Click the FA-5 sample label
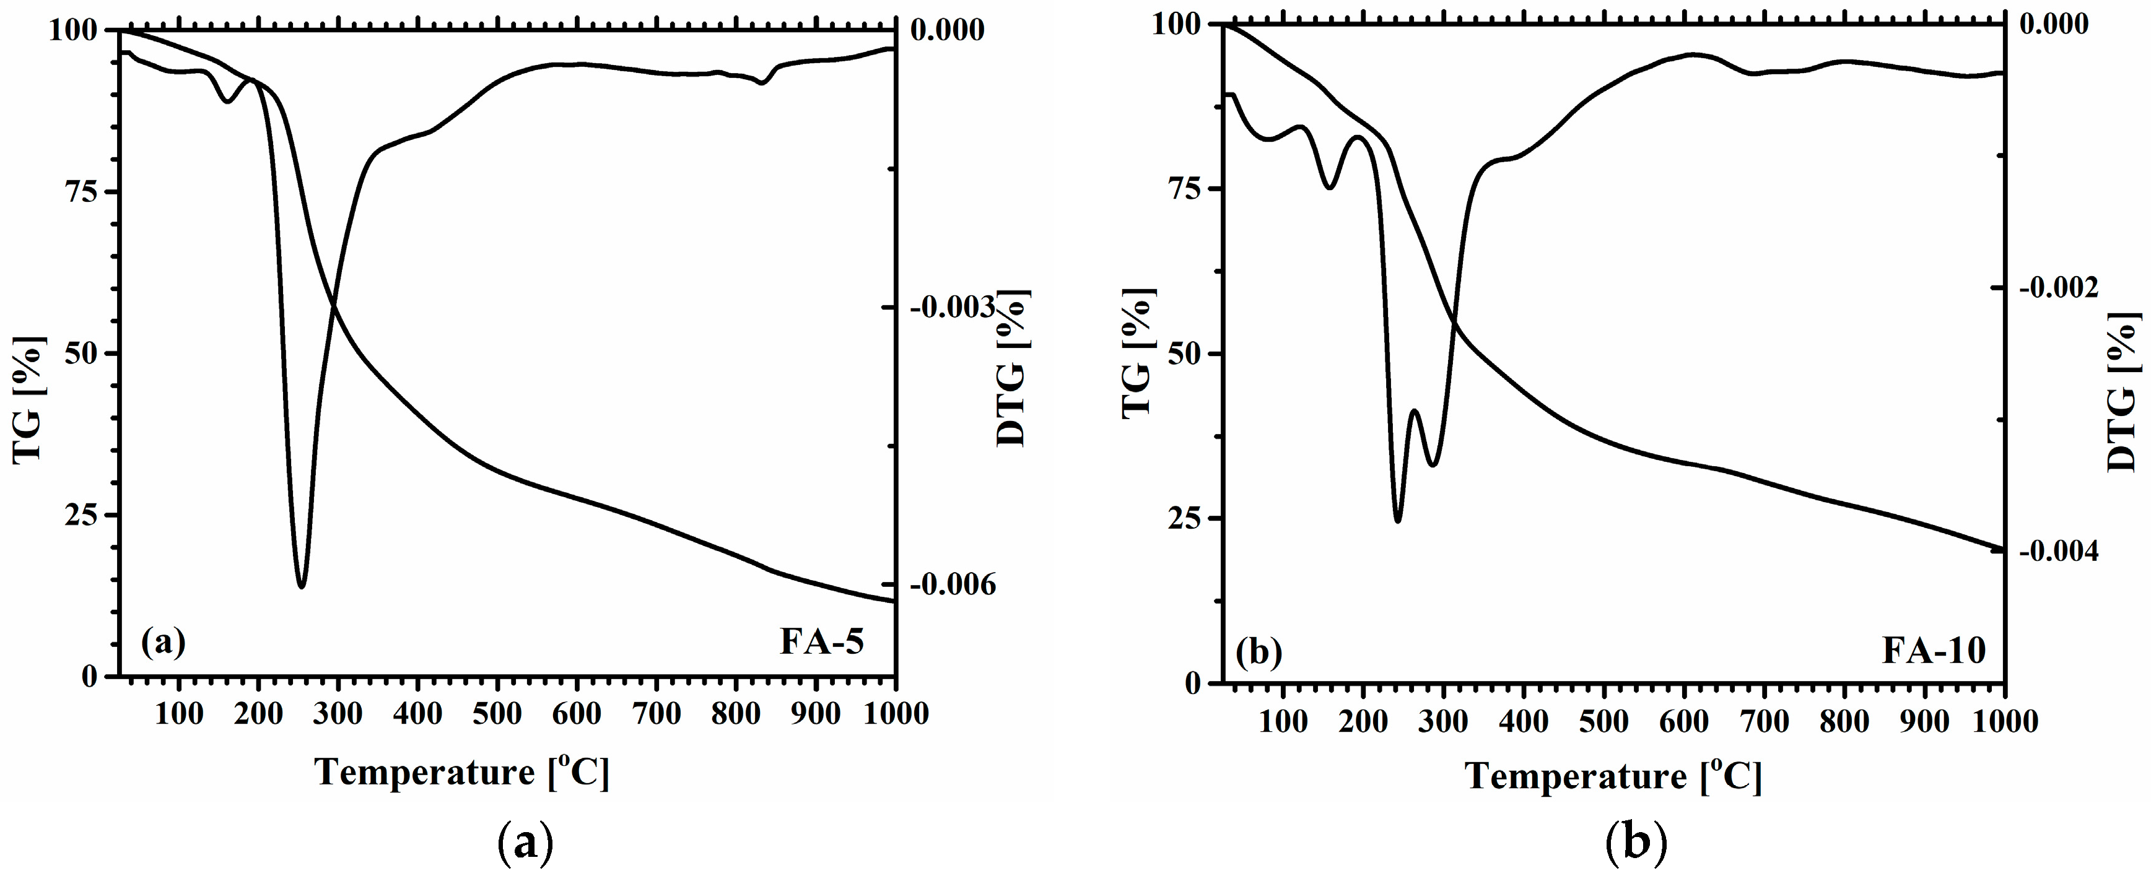click(822, 641)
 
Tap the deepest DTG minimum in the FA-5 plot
click(302, 587)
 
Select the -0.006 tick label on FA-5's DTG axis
click(953, 584)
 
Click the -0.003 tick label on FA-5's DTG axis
click(953, 308)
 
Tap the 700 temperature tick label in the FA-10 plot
click(1765, 721)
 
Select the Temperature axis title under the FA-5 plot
click(463, 773)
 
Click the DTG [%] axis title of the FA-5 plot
click(1012, 367)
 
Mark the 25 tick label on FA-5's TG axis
click(79, 515)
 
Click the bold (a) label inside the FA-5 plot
click(163, 641)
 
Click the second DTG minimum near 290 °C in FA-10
click(1434, 465)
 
